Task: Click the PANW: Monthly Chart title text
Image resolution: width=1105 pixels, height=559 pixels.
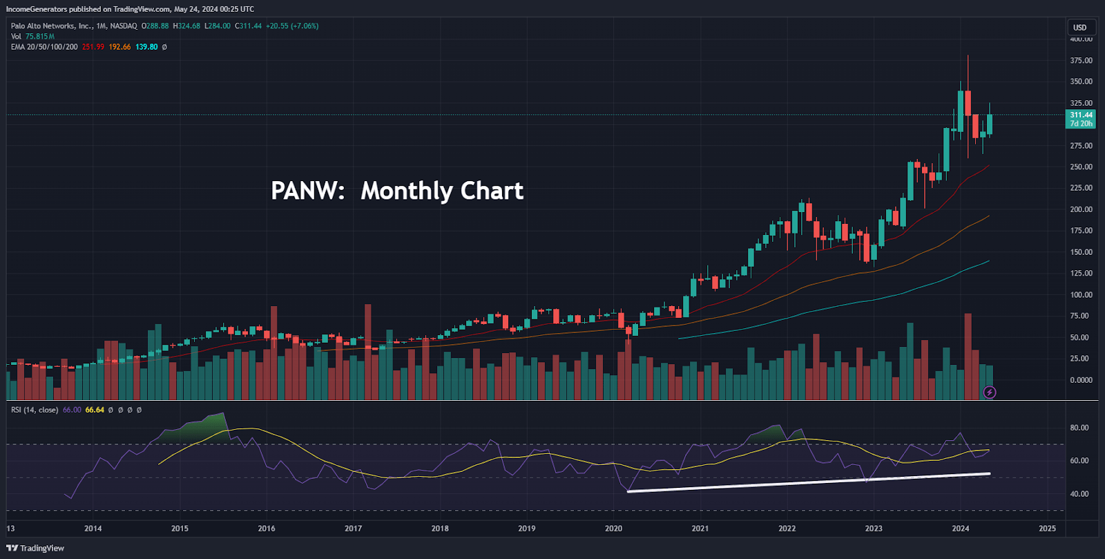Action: tap(397, 191)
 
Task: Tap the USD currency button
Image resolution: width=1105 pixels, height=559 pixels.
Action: tap(1079, 28)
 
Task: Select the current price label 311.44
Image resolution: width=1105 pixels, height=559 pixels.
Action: tap(1081, 115)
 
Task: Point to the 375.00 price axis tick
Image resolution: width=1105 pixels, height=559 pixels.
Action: tap(1081, 61)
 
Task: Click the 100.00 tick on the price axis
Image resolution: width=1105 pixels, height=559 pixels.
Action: tap(1081, 295)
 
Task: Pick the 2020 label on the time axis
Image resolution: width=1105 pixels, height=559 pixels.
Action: tap(613, 529)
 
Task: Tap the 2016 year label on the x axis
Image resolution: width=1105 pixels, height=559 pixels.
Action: tap(267, 529)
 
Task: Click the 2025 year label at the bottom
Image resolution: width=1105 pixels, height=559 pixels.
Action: tap(1047, 529)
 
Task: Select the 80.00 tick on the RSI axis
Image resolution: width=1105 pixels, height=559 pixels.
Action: tap(1079, 428)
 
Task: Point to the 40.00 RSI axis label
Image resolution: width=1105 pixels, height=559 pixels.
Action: tap(1079, 494)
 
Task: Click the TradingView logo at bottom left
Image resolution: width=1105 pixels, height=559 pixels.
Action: tap(35, 548)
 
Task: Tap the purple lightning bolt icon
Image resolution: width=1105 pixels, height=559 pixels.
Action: tap(990, 392)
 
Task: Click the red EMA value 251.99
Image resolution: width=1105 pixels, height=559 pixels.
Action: tap(93, 47)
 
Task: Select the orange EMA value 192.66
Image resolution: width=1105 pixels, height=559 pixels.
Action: tap(119, 47)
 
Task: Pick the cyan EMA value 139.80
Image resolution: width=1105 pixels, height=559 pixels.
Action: tap(146, 47)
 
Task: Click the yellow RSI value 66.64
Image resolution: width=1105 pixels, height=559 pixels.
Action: tap(95, 410)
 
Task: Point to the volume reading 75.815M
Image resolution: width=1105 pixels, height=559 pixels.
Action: tap(40, 37)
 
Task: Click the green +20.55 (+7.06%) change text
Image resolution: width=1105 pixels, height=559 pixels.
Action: tap(292, 26)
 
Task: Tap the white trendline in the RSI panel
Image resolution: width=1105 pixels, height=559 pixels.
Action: tap(808, 482)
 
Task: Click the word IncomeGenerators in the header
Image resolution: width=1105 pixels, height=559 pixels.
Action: tap(36, 9)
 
